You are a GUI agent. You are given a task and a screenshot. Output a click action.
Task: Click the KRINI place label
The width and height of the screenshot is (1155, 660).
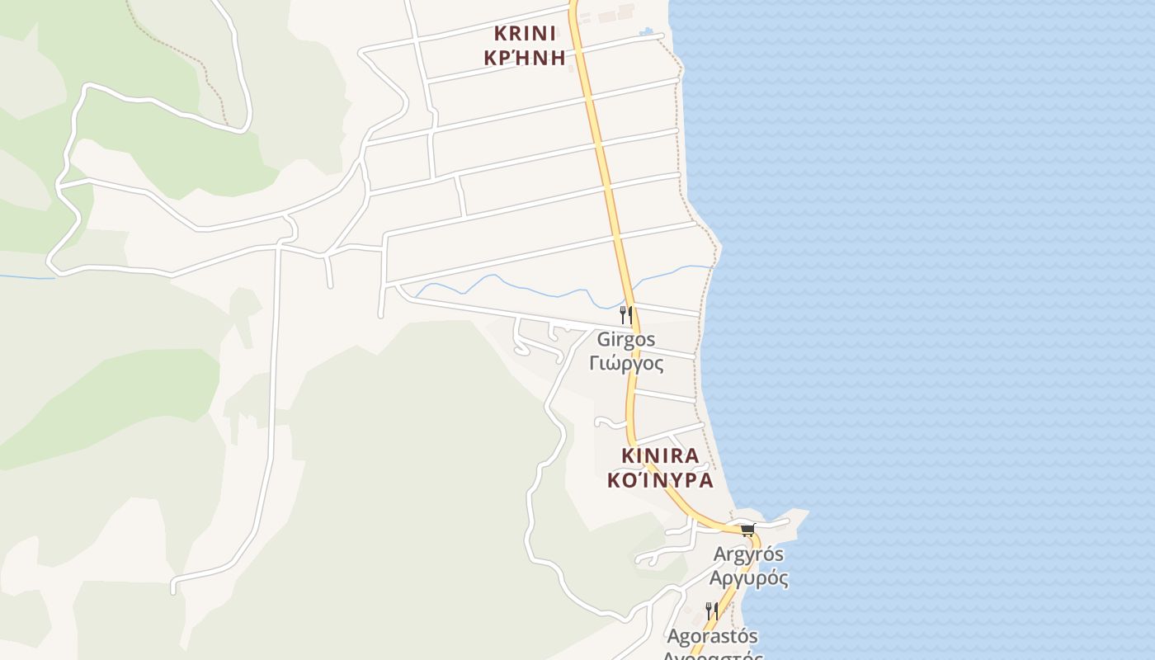(525, 34)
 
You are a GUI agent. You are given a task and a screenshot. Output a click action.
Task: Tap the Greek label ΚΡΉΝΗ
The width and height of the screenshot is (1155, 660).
(525, 58)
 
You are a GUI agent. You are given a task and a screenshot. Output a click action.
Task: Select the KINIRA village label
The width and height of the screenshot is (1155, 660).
(660, 455)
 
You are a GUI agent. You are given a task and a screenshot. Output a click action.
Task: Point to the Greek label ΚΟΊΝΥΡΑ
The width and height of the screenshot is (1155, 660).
(660, 480)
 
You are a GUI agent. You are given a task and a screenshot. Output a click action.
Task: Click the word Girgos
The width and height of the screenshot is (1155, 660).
(626, 339)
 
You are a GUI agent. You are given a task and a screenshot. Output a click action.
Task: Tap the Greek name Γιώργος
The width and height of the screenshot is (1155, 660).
(626, 363)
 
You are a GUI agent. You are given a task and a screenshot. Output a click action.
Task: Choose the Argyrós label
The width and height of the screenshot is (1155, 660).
(748, 554)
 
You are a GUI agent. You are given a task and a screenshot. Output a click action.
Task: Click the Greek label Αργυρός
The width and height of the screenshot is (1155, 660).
(749, 577)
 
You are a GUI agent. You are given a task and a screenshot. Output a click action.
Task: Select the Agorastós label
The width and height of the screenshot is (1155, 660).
(712, 636)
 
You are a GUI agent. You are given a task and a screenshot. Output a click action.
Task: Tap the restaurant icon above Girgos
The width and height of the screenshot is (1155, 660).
(626, 314)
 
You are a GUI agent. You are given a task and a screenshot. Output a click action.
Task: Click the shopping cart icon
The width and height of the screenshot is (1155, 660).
(747, 530)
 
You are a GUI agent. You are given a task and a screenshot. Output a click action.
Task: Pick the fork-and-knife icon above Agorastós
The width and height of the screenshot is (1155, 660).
(711, 611)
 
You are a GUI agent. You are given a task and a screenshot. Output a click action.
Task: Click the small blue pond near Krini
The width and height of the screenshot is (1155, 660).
(646, 32)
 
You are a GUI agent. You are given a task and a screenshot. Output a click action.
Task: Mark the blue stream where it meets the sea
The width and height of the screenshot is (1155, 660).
(708, 266)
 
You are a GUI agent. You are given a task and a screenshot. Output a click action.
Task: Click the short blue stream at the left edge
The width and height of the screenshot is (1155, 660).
(25, 277)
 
